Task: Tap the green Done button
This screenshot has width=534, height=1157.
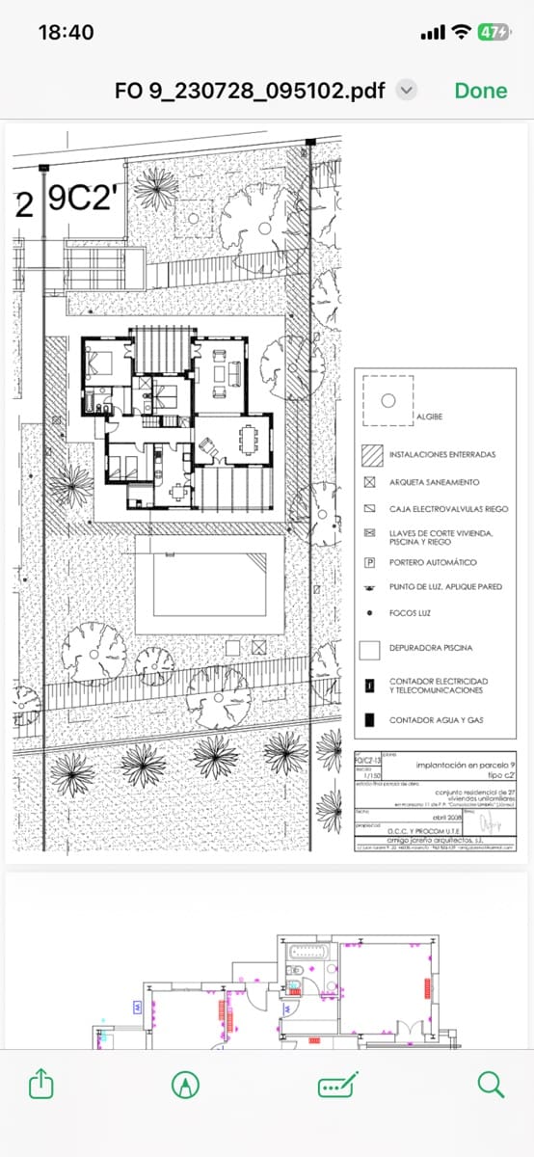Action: coord(480,91)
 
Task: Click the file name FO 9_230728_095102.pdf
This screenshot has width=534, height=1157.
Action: coord(250,91)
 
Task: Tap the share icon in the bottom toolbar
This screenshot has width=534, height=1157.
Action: coord(40,1085)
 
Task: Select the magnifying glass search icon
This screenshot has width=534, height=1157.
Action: coord(491,1085)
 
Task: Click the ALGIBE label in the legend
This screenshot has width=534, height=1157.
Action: coord(429,417)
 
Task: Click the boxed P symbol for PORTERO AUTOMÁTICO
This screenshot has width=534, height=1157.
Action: coord(369,561)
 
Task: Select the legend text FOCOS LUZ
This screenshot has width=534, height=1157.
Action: coord(409,612)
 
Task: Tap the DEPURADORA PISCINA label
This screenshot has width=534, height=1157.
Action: coord(431,648)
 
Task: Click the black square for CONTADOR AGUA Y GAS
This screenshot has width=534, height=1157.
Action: coord(369,719)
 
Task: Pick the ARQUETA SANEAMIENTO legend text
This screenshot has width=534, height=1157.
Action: coord(434,481)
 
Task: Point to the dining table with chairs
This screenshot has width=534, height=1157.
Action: coord(249,439)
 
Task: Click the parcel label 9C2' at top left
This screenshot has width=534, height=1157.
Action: coord(81,199)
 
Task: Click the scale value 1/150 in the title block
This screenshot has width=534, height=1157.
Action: coord(366,777)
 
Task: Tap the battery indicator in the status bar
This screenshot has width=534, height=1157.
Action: coord(493,32)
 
